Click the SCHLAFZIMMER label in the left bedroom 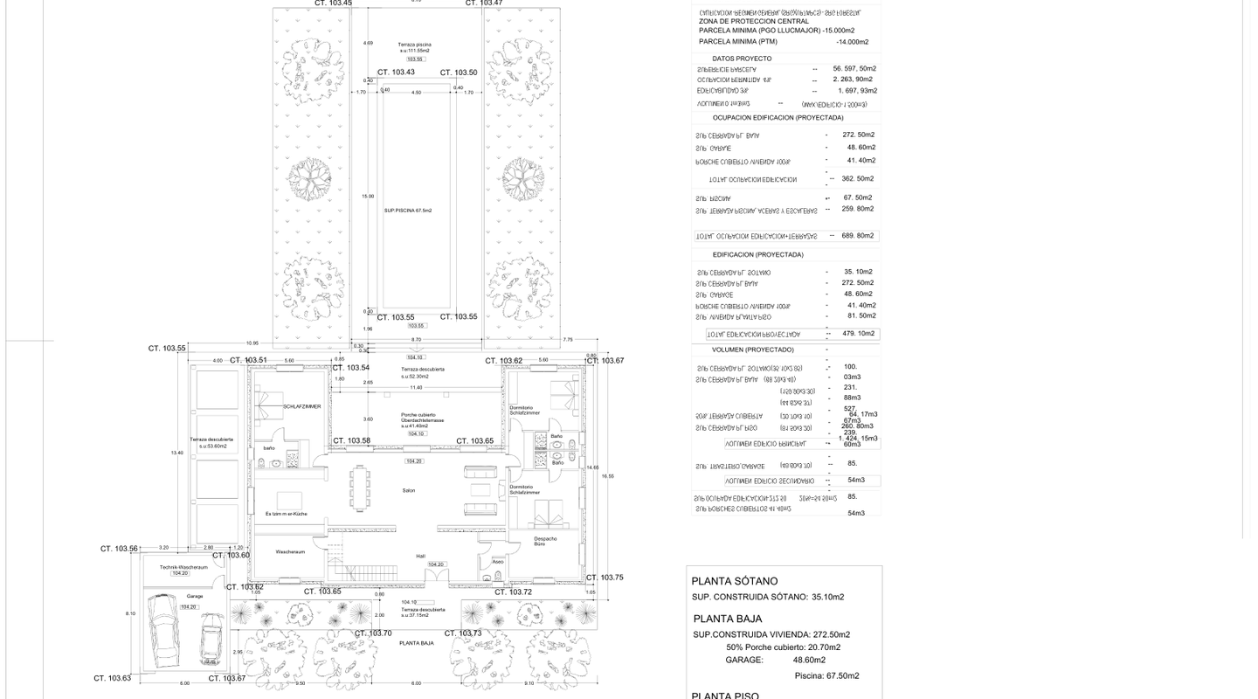click(301, 406)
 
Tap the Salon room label click(409, 490)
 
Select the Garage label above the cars click(194, 596)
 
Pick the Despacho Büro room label click(545, 541)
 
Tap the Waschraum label click(289, 552)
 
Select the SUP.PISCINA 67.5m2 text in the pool click(408, 211)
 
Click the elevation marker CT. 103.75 click(605, 577)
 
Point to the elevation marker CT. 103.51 click(248, 360)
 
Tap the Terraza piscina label click(414, 45)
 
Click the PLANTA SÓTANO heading click(734, 581)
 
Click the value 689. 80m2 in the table click(858, 236)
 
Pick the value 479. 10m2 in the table click(858, 334)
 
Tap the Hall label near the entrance click(420, 556)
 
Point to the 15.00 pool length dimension click(369, 197)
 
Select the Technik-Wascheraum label click(183, 567)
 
